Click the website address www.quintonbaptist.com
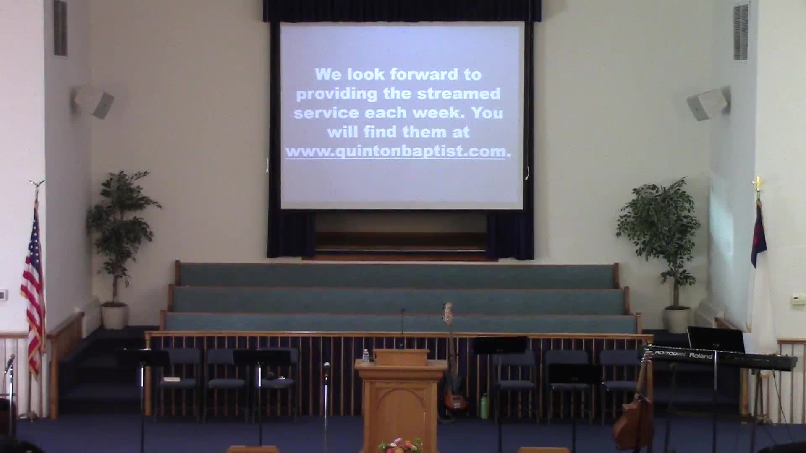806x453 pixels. click(395, 151)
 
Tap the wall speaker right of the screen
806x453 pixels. click(709, 104)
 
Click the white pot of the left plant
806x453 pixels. click(115, 316)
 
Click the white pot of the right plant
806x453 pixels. click(677, 320)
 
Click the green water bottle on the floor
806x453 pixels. click(485, 406)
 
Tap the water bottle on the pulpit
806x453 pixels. click(366, 356)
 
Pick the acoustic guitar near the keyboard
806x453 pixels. click(634, 419)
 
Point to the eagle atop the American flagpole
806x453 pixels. click(37, 184)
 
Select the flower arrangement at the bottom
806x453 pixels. click(400, 445)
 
